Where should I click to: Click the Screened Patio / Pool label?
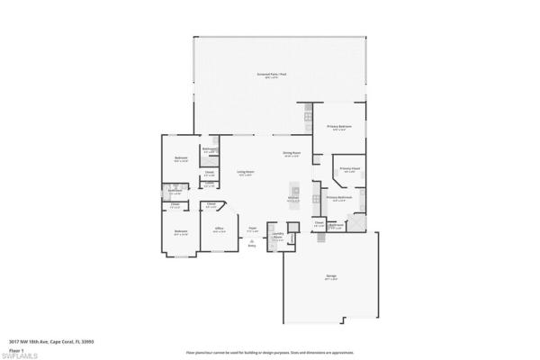271,75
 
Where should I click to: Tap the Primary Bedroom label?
338,128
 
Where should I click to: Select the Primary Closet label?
350,169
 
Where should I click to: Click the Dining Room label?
291,154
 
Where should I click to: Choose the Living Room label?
245,172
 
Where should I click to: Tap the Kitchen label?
292,199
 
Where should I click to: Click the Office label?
219,229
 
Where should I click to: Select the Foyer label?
253,229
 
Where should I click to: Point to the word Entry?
253,246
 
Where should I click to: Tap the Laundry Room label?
278,237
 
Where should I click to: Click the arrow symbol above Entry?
253,240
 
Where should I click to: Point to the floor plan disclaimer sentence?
269,351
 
